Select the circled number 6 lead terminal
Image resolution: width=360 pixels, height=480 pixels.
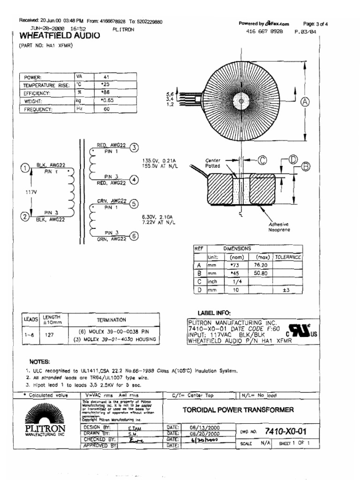tap(134, 236)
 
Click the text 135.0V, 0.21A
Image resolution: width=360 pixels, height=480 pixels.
tap(158, 161)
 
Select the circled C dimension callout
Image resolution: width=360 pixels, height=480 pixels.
tap(262, 160)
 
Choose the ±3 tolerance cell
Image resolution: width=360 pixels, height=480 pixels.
tap(287, 290)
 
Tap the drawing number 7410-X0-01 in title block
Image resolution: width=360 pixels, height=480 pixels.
tap(286, 430)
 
